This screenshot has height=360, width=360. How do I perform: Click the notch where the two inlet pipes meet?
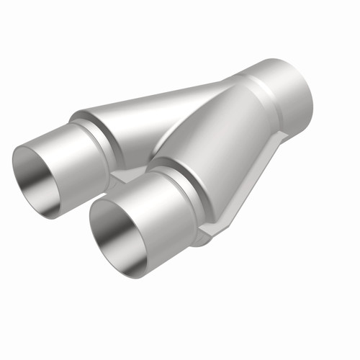(x=119, y=176)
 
